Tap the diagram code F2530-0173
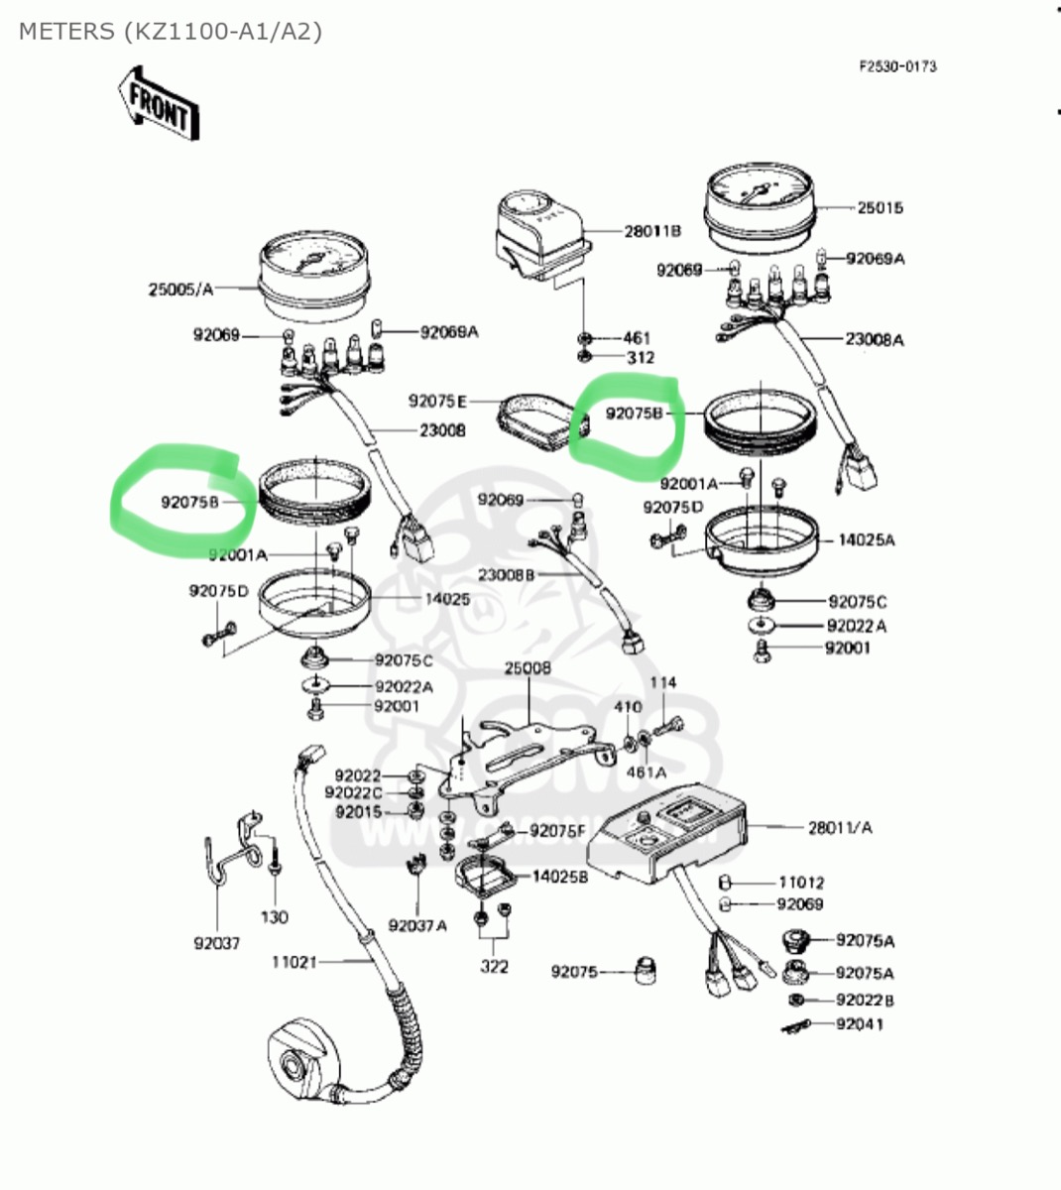pos(897,66)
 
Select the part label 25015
pos(880,208)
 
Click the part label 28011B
pos(652,231)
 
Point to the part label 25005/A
pos(180,289)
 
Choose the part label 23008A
pos(875,339)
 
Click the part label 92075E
pos(437,401)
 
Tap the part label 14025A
pos(867,540)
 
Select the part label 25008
pos(528,668)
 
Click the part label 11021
pos(295,961)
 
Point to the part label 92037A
pos(417,925)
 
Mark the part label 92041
pos(859,1024)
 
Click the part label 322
pos(495,967)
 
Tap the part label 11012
pos(801,882)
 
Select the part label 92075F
pos(557,831)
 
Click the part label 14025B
pos(560,876)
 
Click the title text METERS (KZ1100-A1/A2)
pos(171,31)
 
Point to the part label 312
pos(640,357)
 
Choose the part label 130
pos(275,917)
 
